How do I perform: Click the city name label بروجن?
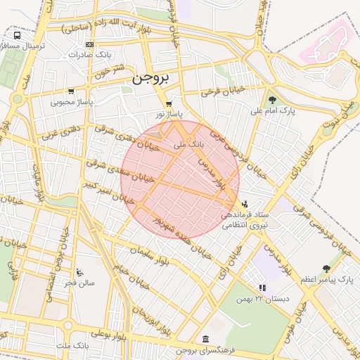coord(151,79)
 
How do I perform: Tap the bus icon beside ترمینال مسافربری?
coord(17,35)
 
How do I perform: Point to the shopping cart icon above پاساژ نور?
coord(169,103)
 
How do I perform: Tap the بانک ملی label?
coord(189,143)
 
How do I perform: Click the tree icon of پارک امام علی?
coord(272,99)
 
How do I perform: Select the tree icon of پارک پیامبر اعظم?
coord(326,268)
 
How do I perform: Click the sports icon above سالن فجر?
coord(79,271)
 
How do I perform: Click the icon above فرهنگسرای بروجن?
coord(204,339)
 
